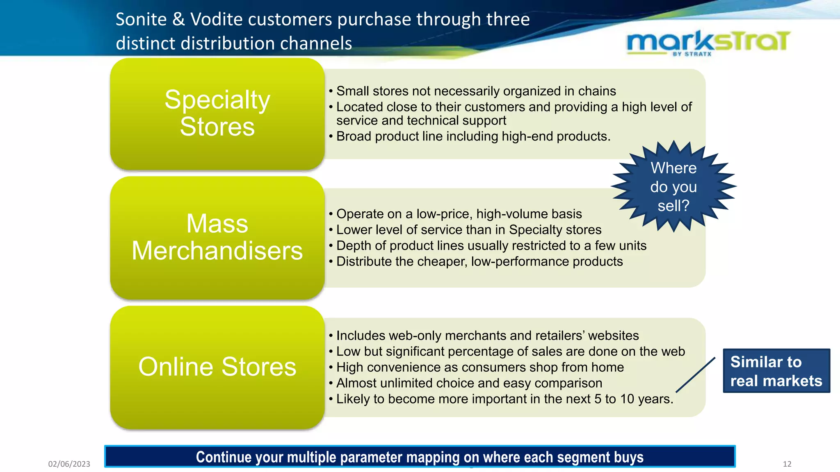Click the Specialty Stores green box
tap(217, 113)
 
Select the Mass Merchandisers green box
tap(217, 237)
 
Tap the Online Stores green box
tap(217, 367)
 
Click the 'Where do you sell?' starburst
tap(673, 187)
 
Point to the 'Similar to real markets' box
tap(776, 371)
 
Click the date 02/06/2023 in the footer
tap(69, 464)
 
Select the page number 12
tap(787, 464)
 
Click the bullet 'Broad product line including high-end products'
tap(473, 136)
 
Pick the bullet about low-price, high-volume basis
tap(459, 214)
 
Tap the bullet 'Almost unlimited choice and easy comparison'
tap(469, 383)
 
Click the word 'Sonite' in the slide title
tap(141, 20)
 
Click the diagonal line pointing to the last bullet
tap(696, 374)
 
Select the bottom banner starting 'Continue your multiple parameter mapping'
tap(420, 457)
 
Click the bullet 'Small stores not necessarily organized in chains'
tap(476, 91)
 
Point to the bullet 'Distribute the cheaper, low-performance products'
tap(479, 261)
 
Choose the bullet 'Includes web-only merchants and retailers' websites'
tap(487, 336)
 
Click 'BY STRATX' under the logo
tap(692, 54)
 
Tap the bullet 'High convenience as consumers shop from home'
tap(480, 368)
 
